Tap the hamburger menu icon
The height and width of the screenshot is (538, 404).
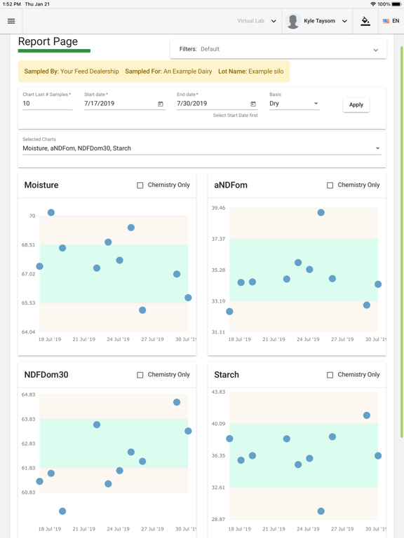click(x=11, y=21)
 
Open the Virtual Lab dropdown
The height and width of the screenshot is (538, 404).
click(x=257, y=21)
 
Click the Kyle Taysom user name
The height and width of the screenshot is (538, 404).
click(x=319, y=21)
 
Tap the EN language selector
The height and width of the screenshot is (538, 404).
click(x=391, y=21)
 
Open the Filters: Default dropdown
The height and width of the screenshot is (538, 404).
click(x=278, y=50)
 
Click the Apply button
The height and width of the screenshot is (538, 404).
click(x=356, y=104)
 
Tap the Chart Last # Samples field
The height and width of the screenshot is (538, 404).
click(x=47, y=104)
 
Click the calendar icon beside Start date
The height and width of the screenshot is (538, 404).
click(x=161, y=104)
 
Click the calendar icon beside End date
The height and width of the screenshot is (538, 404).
click(x=253, y=104)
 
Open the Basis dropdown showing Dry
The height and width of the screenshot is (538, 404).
click(x=293, y=104)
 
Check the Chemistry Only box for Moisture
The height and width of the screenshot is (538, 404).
click(x=140, y=186)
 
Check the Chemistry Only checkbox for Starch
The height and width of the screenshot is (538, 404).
click(x=330, y=375)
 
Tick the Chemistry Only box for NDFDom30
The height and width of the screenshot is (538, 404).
click(x=140, y=375)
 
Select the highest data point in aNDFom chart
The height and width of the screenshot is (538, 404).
click(x=321, y=213)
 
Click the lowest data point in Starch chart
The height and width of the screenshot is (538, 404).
click(x=321, y=511)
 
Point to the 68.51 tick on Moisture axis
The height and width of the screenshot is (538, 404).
click(x=28, y=245)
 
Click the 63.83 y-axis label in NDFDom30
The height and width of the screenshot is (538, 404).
click(x=28, y=420)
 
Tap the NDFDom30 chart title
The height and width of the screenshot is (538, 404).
click(x=46, y=375)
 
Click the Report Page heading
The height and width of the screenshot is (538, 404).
click(x=48, y=42)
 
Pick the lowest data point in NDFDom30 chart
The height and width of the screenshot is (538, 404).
click(x=62, y=511)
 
